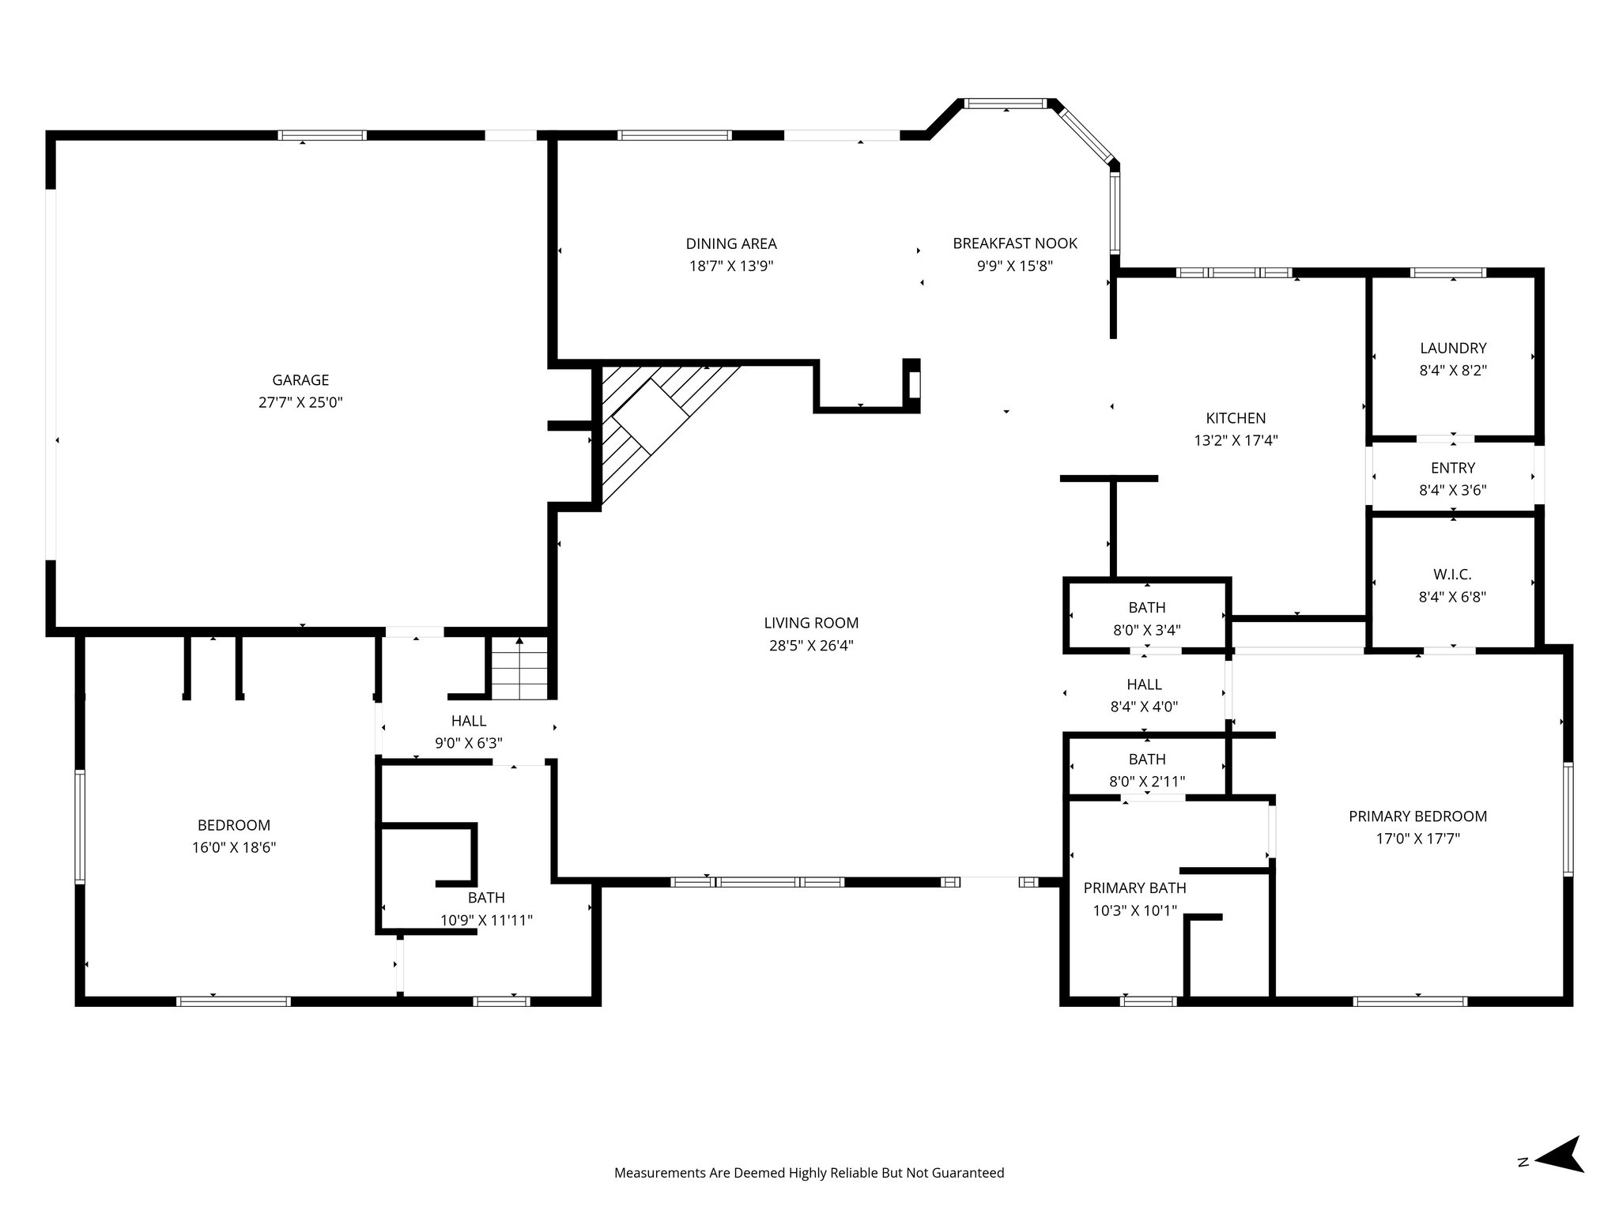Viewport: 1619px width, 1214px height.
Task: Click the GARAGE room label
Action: [300, 380]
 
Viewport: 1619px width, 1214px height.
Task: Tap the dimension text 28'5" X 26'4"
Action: [811, 646]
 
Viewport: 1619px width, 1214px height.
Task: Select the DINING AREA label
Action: [730, 244]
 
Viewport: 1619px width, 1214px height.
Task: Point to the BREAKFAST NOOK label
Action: [1014, 243]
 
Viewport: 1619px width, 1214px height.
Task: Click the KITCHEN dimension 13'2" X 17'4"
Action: [1236, 441]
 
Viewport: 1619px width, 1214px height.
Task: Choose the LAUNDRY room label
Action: [1453, 348]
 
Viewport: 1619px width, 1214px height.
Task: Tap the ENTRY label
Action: [1452, 468]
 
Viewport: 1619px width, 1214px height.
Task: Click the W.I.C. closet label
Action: [1452, 575]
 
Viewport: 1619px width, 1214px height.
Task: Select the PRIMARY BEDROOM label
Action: [1417, 816]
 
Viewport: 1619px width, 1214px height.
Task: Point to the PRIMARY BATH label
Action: [1134, 888]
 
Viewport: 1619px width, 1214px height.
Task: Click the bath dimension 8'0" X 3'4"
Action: [1146, 630]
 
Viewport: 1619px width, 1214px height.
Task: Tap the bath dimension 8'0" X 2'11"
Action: [1146, 782]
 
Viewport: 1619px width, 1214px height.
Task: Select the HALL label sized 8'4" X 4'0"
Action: [1144, 684]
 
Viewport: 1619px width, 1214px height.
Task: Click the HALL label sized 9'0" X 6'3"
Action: [469, 721]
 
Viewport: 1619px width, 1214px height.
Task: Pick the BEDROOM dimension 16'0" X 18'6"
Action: [234, 848]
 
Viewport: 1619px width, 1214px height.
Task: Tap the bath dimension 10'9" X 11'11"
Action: [486, 920]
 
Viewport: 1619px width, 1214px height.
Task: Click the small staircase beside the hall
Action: [519, 670]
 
